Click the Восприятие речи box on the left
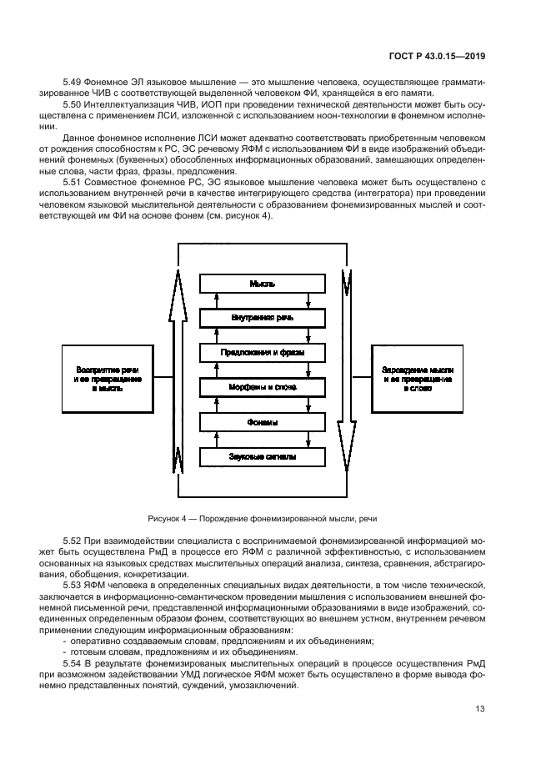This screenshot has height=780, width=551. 108,378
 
